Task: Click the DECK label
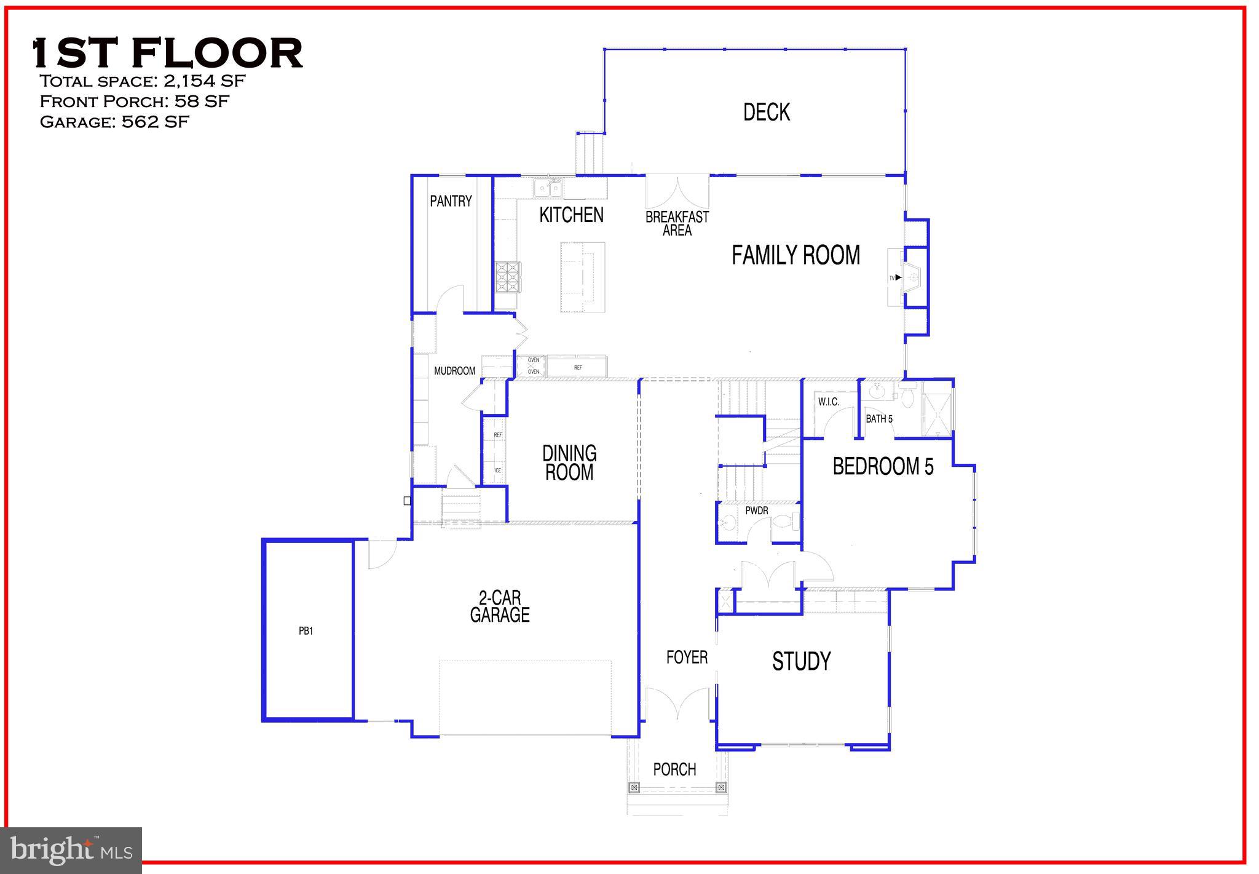tap(766, 112)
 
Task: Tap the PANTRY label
tap(451, 201)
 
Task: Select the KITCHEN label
tap(571, 215)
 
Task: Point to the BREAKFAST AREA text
tap(677, 223)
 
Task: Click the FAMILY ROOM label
tap(795, 255)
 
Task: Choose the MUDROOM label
tap(454, 371)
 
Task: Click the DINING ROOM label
tap(569, 463)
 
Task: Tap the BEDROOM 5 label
tap(883, 466)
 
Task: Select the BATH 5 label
tap(879, 419)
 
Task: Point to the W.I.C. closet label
tap(828, 402)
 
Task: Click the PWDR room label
tap(757, 510)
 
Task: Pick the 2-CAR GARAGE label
tap(500, 606)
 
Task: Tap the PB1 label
tap(306, 630)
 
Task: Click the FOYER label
tap(687, 657)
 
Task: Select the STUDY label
tap(801, 661)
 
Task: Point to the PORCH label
tap(674, 769)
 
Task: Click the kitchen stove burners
tap(508, 277)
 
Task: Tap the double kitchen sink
tap(548, 188)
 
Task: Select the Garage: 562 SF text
tap(114, 122)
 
